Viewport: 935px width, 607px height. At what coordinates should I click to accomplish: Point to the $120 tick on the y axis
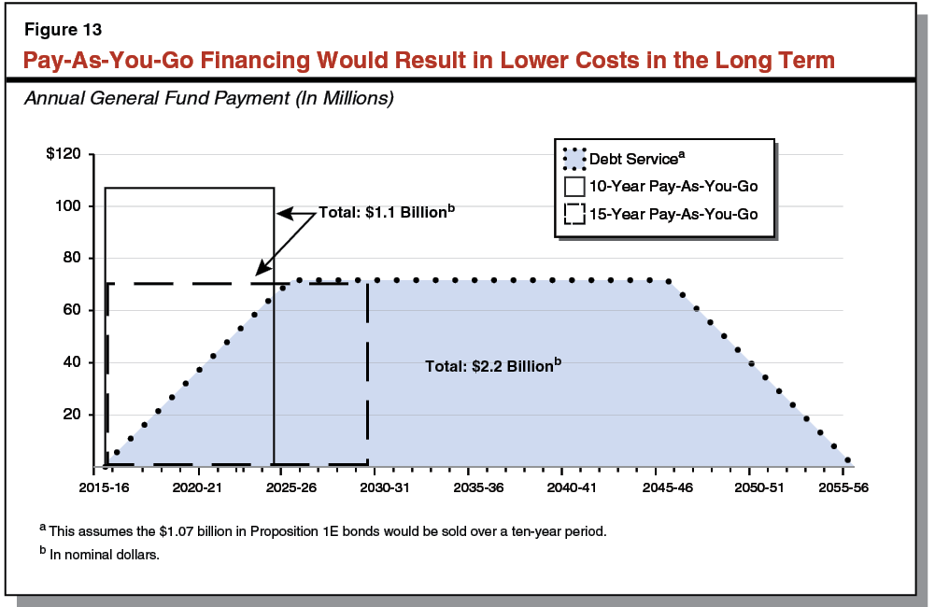tap(64, 154)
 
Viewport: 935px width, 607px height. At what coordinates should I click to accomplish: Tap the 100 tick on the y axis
tap(71, 206)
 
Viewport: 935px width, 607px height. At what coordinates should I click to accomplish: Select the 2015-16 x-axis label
tap(105, 487)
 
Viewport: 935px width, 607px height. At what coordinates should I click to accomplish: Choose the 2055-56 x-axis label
tap(843, 487)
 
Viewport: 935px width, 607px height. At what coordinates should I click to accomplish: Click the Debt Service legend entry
tap(630, 159)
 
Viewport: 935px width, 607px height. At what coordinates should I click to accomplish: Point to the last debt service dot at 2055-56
tap(847, 460)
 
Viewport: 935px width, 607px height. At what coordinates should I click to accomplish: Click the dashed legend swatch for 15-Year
tap(574, 214)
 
